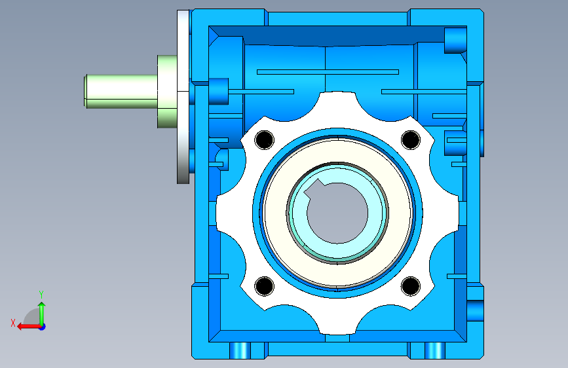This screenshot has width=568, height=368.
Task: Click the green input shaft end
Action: point(121,91)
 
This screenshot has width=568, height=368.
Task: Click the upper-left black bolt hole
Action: point(265,140)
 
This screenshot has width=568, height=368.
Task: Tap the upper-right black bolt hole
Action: point(411,140)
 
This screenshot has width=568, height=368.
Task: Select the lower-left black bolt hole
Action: point(265,285)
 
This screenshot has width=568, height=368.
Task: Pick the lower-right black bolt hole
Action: point(411,285)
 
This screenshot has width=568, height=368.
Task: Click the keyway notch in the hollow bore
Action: point(314,189)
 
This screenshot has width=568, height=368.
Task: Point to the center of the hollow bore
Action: point(337,213)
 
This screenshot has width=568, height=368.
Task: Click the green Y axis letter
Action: point(41,294)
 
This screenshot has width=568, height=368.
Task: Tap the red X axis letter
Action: point(13,323)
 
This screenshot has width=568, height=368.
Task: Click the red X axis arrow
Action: point(29,327)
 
